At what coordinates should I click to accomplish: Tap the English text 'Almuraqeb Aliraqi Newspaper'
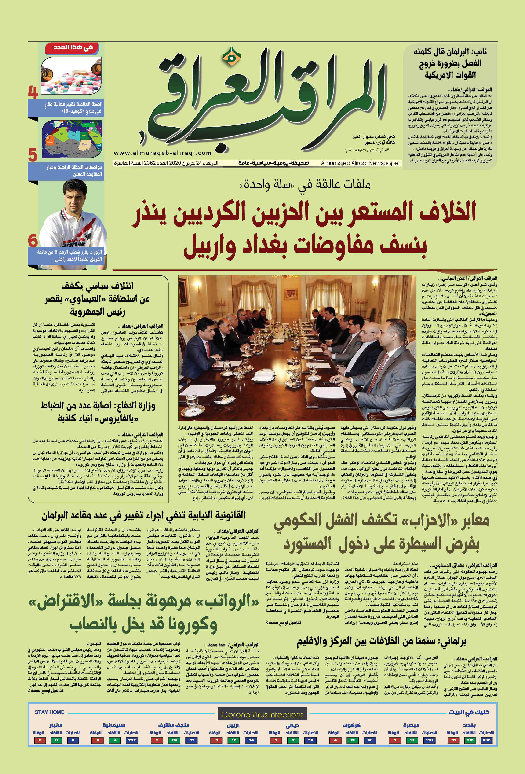[360, 163]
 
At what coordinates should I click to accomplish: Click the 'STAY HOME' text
[49, 712]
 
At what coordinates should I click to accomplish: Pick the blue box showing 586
[487, 740]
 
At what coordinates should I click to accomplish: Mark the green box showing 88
[175, 740]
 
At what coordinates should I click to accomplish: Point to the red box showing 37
[453, 740]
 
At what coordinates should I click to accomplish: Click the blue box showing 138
[429, 740]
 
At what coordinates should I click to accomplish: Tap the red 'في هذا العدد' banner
[73, 48]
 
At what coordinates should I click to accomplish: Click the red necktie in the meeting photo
[208, 350]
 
